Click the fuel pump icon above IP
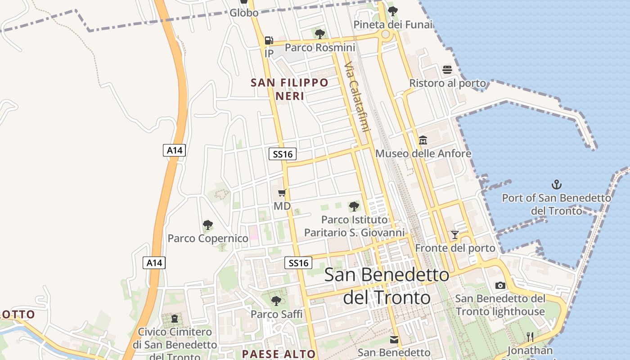coord(269,40)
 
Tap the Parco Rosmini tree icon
coord(320,34)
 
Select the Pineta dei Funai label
coord(393,25)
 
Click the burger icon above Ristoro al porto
coord(447,69)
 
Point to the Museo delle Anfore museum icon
coord(423,140)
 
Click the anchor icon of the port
coord(557,184)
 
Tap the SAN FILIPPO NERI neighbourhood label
coord(290,89)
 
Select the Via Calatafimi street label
coord(357,97)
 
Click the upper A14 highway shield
coord(174,150)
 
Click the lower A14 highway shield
coord(154,263)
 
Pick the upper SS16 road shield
coord(283,154)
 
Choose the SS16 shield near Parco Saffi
coord(299,263)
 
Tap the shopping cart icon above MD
coord(282,193)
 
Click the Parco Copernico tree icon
coord(207,225)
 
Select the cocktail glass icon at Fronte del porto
coord(455,234)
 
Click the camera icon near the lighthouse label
coord(500,285)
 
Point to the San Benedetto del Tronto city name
coord(387,286)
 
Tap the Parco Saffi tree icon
coord(276,301)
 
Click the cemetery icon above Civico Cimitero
coord(175,319)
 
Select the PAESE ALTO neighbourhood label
coord(279,354)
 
